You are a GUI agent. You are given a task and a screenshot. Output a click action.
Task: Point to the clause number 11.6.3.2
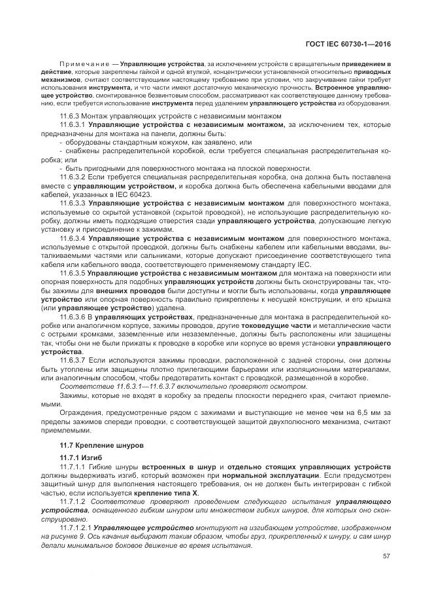73,176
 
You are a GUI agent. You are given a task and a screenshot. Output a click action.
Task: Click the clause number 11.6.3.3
73,203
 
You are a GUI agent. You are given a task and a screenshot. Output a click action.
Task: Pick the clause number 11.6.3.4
73,239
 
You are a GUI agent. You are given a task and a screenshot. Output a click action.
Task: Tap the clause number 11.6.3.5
73,272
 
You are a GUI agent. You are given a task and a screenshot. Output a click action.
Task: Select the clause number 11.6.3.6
73,315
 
